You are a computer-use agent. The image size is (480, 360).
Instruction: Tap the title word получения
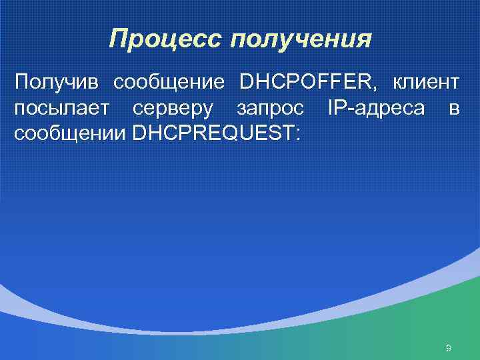click(x=299, y=40)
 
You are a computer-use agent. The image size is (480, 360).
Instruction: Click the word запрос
click(x=270, y=109)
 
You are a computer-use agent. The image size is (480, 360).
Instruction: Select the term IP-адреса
click(x=376, y=108)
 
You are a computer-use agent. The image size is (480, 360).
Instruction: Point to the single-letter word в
click(x=453, y=109)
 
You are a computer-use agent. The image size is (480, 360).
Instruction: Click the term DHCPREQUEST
click(x=214, y=133)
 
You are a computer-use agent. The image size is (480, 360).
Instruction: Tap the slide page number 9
click(x=449, y=347)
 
